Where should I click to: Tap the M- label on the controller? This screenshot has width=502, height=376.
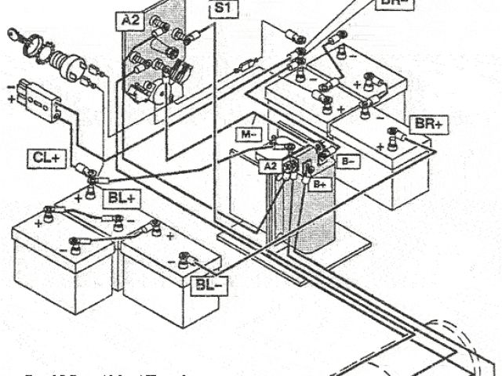(x=249, y=134)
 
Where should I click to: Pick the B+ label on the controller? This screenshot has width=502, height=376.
(x=320, y=183)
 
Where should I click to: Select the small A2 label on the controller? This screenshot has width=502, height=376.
(x=269, y=166)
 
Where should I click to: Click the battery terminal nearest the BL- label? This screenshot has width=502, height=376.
(x=184, y=256)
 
